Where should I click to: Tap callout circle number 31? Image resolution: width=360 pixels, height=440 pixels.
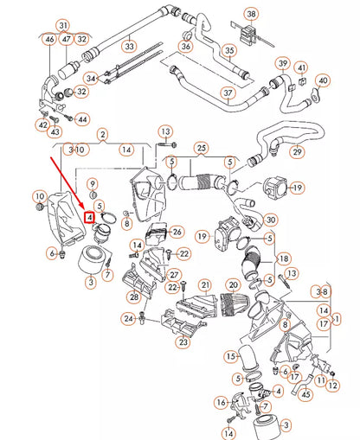point(62,24)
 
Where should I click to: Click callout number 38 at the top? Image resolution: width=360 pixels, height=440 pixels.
point(250,14)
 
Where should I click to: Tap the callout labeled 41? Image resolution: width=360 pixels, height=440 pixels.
point(301,67)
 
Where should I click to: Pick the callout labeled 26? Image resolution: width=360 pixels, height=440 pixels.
point(177,232)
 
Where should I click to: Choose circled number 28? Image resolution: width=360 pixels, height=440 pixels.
point(134,297)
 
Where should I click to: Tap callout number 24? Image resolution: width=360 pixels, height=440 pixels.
point(128,319)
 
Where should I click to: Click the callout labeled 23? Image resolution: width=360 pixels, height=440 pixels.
point(183,342)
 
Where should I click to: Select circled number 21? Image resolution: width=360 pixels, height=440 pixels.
point(205,284)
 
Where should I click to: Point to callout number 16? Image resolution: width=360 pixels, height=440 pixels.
point(221,402)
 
